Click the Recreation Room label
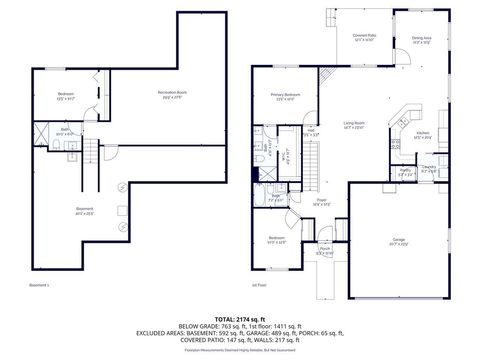pos(172,94)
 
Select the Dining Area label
pos(422,40)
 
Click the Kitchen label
pos(423,134)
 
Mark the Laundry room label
pos(428,169)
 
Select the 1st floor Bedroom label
pos(276,240)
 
